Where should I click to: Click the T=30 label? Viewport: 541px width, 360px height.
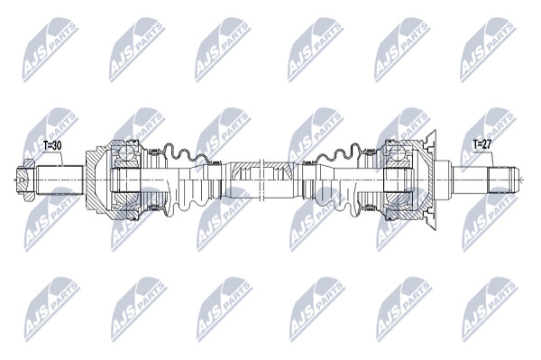52,145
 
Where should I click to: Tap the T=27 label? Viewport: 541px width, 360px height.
482,145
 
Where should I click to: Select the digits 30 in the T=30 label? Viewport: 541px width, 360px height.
57,145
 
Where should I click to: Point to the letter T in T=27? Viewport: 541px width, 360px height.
475,145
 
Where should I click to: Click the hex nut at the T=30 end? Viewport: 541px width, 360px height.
26,180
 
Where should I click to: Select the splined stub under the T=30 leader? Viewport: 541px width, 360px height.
60,180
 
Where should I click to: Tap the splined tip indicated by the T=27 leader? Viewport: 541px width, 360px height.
503,180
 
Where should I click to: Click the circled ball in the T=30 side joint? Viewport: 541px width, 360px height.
125,152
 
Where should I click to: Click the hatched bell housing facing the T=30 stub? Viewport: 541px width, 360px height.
96,180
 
